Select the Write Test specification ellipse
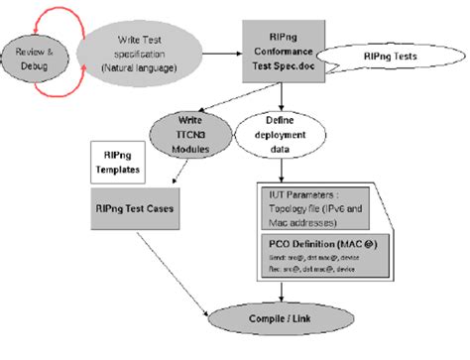pos(145,52)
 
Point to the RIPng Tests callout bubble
pos(386,59)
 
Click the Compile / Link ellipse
pos(283,326)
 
